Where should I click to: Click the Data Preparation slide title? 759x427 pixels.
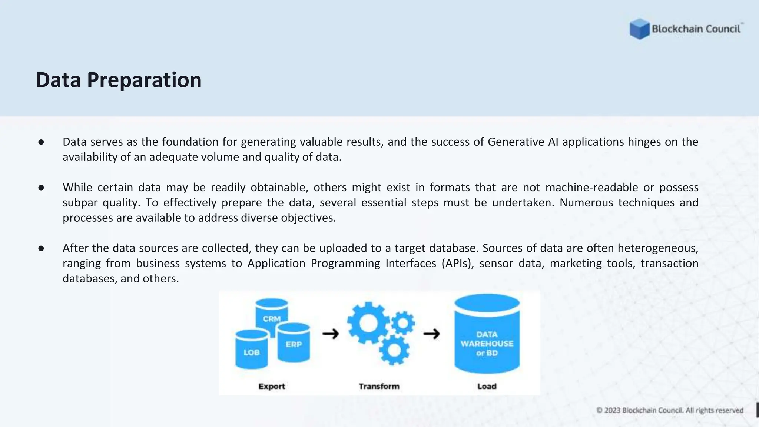(119, 80)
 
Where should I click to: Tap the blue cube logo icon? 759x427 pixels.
(639, 29)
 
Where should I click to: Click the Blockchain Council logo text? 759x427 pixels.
(696, 29)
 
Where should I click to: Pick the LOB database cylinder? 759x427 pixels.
(251, 350)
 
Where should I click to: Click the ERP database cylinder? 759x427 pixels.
(294, 343)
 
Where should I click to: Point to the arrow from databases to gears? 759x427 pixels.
(331, 334)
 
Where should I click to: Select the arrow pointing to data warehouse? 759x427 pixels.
(431, 334)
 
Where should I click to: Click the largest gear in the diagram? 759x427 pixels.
(368, 323)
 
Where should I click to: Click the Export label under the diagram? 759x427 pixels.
(272, 386)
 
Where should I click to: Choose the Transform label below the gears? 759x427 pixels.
(379, 386)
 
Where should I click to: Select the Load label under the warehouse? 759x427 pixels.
(487, 386)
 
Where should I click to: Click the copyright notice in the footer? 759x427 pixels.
(670, 410)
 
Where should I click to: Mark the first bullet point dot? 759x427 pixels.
(41, 142)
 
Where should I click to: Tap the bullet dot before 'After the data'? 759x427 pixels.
(41, 248)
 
